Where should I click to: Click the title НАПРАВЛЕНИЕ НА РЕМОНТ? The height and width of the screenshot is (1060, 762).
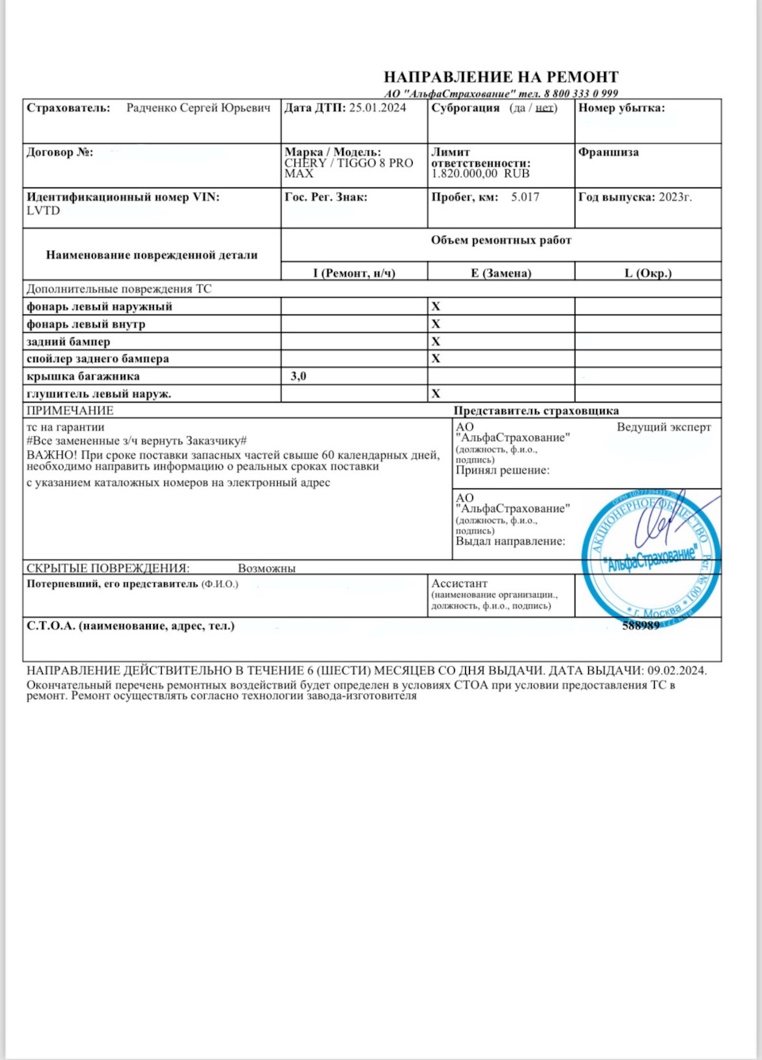pyautogui.click(x=501, y=77)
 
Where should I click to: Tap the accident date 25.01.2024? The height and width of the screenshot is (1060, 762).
pyautogui.click(x=378, y=108)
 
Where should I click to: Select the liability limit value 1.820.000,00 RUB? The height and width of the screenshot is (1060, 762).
pyautogui.click(x=480, y=174)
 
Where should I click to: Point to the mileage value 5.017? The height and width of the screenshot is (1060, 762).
pyautogui.click(x=525, y=197)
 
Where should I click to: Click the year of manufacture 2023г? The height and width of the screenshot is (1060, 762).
pyautogui.click(x=675, y=197)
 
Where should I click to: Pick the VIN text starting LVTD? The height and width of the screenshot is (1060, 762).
pyautogui.click(x=44, y=210)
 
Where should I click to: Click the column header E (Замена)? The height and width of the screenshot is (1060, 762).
pyautogui.click(x=501, y=273)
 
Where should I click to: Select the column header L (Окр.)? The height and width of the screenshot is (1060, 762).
pyautogui.click(x=648, y=273)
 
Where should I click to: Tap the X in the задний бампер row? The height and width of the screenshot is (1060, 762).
pyautogui.click(x=436, y=341)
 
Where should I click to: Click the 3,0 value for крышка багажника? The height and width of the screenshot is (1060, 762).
pyautogui.click(x=298, y=376)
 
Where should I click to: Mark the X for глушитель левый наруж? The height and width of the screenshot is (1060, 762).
pyautogui.click(x=436, y=393)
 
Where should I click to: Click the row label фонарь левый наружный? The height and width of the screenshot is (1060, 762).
pyautogui.click(x=99, y=306)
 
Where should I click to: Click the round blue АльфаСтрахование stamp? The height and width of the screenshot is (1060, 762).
pyautogui.click(x=651, y=556)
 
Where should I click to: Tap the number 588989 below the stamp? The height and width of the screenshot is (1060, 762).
pyautogui.click(x=641, y=626)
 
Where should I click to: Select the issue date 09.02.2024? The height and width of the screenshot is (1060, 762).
pyautogui.click(x=676, y=670)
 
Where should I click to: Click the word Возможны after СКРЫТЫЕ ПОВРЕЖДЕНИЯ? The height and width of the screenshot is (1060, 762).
pyautogui.click(x=267, y=569)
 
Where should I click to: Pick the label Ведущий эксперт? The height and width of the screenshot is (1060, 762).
pyautogui.click(x=664, y=427)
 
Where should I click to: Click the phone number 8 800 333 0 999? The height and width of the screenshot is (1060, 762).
pyautogui.click(x=581, y=93)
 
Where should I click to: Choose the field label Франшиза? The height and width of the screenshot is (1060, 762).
pyautogui.click(x=609, y=152)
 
